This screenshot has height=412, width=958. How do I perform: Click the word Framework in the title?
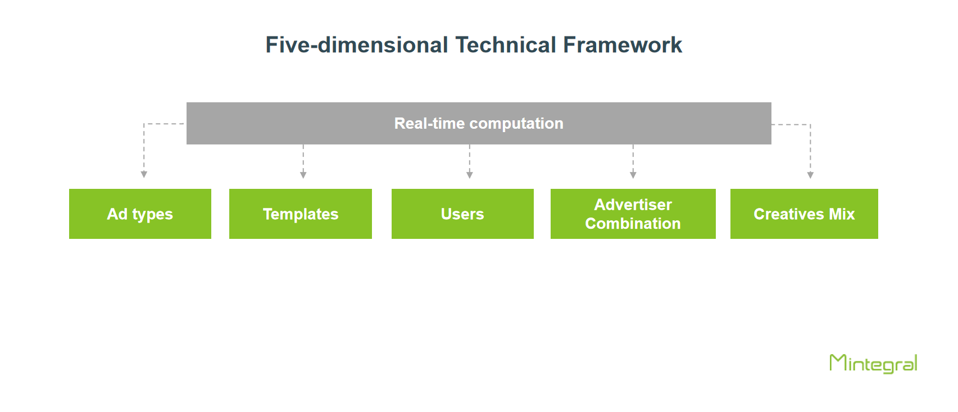[x=622, y=45]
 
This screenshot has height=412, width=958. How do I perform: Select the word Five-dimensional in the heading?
[x=357, y=45]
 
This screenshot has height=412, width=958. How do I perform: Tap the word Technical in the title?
[x=506, y=45]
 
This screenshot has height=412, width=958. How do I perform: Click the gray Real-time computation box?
[x=479, y=123]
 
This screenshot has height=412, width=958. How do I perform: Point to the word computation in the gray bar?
[x=516, y=124]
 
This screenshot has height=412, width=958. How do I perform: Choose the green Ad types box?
[x=140, y=214]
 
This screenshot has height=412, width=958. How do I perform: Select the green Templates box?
[x=300, y=214]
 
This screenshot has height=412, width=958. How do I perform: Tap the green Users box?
[x=462, y=214]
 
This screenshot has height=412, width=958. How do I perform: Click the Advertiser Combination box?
[x=633, y=214]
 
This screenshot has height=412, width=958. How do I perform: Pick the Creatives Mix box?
[x=804, y=214]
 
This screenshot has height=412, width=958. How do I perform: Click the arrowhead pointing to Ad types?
[x=144, y=175]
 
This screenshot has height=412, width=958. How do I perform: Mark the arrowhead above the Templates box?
[x=303, y=175]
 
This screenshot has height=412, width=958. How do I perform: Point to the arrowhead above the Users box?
[x=469, y=175]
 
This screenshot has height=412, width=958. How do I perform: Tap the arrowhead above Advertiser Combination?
[x=633, y=175]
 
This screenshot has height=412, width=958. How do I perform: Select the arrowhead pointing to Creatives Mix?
[x=810, y=175]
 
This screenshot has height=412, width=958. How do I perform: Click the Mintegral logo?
[x=873, y=364]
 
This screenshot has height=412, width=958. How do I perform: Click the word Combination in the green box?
[x=633, y=224]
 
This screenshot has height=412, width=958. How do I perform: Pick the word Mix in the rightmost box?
[x=842, y=214]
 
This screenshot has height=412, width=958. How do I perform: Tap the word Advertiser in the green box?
[x=633, y=205]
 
